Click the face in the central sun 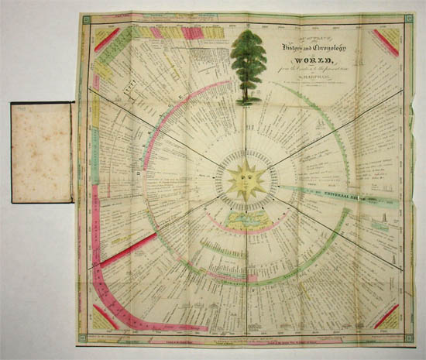(x=247, y=180)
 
